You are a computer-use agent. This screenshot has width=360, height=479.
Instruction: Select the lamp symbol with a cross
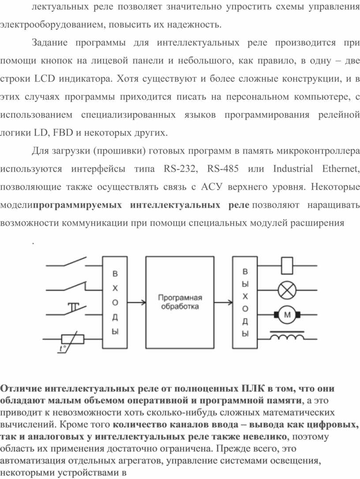[289, 290]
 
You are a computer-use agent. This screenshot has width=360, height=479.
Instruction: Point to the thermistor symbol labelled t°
[71, 340]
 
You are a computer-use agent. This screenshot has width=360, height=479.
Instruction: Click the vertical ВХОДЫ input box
[115, 302]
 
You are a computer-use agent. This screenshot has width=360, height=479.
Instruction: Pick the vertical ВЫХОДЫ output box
[245, 302]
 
